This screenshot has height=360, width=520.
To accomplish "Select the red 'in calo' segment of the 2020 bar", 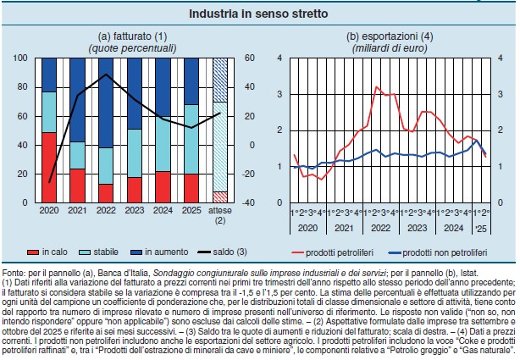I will click(48, 168).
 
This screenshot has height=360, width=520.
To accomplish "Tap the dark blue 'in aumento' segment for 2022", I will click(106, 102).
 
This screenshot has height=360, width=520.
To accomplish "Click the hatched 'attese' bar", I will click(220, 127).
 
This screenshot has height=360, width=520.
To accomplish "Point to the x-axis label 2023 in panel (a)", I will click(134, 210).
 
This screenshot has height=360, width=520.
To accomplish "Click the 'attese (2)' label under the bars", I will click(220, 214).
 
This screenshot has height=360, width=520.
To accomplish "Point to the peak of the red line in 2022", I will click(376, 86).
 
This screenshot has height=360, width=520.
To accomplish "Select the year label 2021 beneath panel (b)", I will click(342, 229).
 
